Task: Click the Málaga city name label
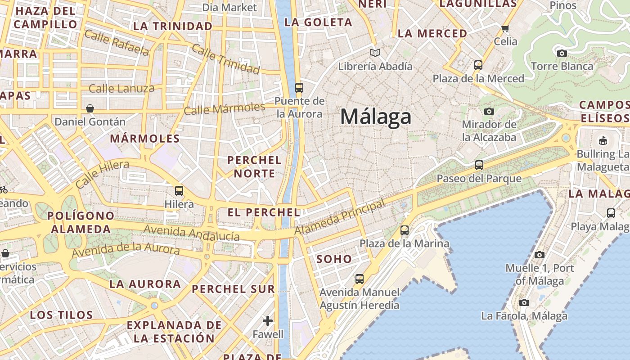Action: (376, 117)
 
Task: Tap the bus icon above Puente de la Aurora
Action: (299, 87)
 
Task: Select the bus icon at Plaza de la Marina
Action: (405, 230)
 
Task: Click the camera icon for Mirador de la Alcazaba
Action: (489, 111)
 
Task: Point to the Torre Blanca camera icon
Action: (562, 54)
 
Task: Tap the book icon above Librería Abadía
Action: (375, 53)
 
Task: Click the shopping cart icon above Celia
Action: (505, 29)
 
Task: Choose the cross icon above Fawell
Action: (268, 321)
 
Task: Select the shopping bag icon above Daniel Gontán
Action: (90, 108)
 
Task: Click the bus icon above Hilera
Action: (179, 191)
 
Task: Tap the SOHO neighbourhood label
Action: (334, 259)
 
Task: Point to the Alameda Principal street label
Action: (340, 217)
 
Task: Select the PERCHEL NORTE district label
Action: (254, 166)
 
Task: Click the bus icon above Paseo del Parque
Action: (479, 165)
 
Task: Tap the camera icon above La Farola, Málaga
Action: (524, 302)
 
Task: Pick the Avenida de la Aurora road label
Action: (126, 250)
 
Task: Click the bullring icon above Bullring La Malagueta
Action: (603, 140)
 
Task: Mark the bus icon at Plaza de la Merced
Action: (478, 65)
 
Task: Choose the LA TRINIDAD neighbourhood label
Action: (173, 26)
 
